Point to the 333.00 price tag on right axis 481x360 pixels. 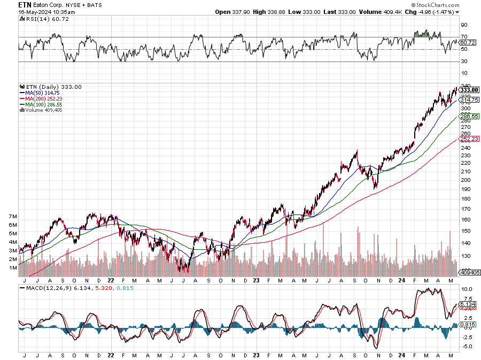(469, 90)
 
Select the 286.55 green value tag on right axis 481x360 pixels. (469, 116)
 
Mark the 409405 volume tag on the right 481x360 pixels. (469, 272)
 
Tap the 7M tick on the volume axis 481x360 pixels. (14, 216)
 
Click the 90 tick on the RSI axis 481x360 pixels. (464, 25)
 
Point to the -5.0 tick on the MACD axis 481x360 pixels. (467, 347)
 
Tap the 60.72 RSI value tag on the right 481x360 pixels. (468, 42)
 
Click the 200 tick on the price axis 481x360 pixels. (465, 180)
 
